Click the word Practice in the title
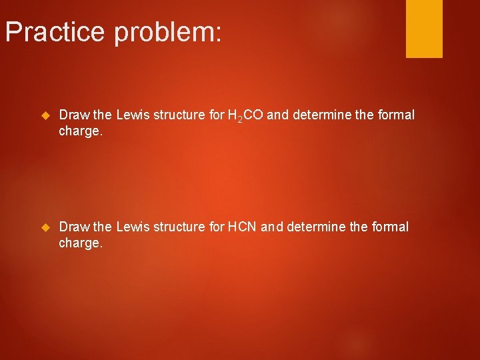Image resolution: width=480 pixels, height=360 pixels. click(x=55, y=31)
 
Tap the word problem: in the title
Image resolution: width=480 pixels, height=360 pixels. click(x=167, y=32)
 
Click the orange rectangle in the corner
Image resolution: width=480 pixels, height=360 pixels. click(x=424, y=29)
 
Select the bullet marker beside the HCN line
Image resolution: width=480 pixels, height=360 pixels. click(x=46, y=227)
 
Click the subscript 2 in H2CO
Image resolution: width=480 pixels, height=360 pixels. click(x=239, y=120)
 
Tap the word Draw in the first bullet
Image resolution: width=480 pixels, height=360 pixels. click(x=73, y=115)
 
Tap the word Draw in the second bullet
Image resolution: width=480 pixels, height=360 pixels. click(x=73, y=227)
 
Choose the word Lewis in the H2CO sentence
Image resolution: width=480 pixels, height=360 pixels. click(x=133, y=115)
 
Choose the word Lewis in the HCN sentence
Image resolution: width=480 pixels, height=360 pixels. click(x=133, y=227)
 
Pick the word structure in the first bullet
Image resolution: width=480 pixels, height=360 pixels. click(x=179, y=115)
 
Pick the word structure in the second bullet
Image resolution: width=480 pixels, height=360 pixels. click(x=179, y=227)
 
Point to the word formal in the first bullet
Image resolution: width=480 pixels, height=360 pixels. click(x=396, y=115)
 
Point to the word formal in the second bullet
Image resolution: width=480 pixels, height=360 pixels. click(x=390, y=227)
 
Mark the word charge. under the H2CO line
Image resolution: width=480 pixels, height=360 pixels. click(x=81, y=131)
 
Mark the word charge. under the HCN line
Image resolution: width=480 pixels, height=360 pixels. click(x=81, y=243)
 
